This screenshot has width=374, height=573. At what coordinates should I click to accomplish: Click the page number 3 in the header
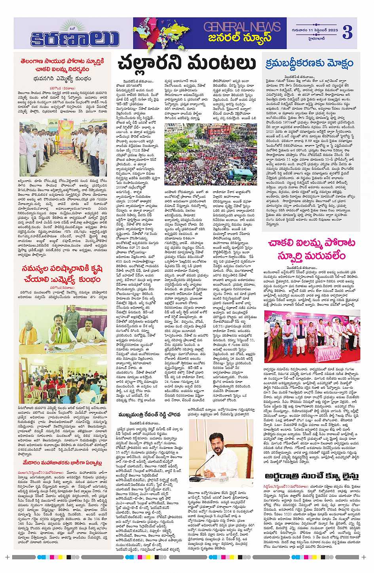click(x=347, y=32)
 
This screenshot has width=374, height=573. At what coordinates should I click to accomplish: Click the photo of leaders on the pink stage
click(x=312, y=336)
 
